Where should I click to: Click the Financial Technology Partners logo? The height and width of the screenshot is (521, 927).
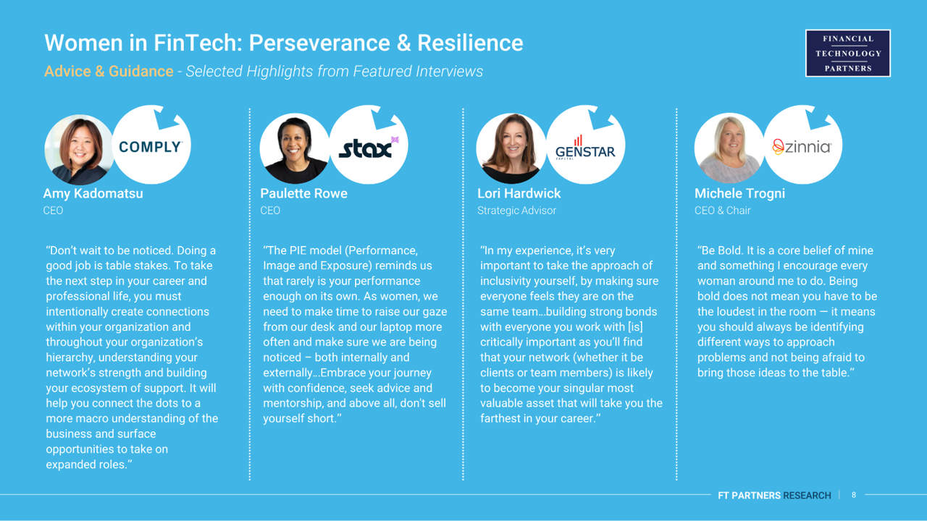coord(848,54)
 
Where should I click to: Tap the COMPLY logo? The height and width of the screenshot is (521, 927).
coord(150,147)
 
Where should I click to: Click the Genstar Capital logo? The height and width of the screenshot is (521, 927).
coord(585,148)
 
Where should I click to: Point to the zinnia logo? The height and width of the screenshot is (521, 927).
coord(802,147)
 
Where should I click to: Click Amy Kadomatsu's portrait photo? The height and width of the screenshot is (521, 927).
coord(79,149)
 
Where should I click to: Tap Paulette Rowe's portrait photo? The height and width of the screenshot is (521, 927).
coord(295,148)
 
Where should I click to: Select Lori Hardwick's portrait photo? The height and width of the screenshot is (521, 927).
coord(511,148)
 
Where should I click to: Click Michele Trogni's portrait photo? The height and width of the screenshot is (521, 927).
coord(729,148)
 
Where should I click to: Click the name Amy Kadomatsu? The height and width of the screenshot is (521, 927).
coord(93,193)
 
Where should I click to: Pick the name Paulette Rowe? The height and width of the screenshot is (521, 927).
coord(303,193)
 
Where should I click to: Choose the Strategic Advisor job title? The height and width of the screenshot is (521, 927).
coord(516,211)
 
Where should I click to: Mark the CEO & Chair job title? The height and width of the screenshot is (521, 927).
coord(722,211)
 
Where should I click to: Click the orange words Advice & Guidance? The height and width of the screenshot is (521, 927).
coord(109,71)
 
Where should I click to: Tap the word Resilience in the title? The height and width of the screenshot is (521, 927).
coord(470,43)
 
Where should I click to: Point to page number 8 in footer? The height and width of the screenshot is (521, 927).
coord(854,495)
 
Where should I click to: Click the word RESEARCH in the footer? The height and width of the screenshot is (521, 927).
coord(807,496)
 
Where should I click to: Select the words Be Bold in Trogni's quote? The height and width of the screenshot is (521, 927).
coord(720,250)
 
